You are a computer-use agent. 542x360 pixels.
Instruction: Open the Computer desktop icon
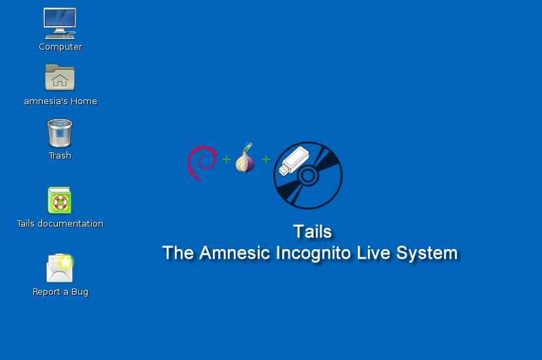(60, 23)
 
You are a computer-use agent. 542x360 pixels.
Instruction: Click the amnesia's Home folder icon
(60, 77)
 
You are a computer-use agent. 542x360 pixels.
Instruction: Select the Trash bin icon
(60, 133)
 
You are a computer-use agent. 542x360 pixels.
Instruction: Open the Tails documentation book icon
(59, 200)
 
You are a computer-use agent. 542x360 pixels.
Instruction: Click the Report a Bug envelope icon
(60, 268)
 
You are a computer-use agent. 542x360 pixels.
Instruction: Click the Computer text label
(61, 47)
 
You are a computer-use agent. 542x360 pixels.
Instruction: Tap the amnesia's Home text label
(61, 101)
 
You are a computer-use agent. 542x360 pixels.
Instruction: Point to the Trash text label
(60, 156)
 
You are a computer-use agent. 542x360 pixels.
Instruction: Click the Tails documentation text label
(60, 223)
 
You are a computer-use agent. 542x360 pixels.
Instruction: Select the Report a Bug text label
(61, 292)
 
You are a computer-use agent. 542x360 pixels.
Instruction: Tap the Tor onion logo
(245, 159)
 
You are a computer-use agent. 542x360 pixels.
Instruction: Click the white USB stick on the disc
(294, 161)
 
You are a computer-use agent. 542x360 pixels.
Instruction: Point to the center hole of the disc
(307, 176)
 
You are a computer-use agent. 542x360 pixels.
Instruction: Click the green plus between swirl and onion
(226, 159)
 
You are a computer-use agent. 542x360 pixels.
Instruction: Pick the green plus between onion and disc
(266, 159)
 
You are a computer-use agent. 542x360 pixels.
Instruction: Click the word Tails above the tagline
(312, 231)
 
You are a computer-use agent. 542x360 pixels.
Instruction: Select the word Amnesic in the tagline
(235, 252)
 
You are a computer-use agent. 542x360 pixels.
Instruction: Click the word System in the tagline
(427, 253)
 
